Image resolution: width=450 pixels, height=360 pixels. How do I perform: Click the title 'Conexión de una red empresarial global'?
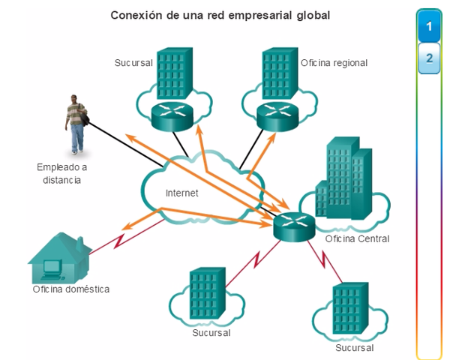220,14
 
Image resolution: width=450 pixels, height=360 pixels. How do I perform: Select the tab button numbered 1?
429,28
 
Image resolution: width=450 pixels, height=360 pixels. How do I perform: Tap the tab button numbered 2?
429,58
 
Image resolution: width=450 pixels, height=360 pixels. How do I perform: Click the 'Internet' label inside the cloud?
181,193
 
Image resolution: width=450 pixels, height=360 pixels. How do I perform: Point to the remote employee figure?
76,124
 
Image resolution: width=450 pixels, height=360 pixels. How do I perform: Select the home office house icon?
59,255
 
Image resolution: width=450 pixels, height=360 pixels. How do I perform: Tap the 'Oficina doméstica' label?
71,289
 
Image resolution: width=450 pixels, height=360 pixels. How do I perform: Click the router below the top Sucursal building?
172,115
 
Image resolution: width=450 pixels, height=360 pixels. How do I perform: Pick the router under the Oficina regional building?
277,115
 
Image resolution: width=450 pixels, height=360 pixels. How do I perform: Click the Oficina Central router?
294,225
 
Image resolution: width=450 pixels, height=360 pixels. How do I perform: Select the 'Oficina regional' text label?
334,63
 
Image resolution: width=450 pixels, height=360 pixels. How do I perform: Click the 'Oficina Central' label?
357,239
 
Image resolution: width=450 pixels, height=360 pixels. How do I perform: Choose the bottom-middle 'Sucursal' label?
211,332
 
